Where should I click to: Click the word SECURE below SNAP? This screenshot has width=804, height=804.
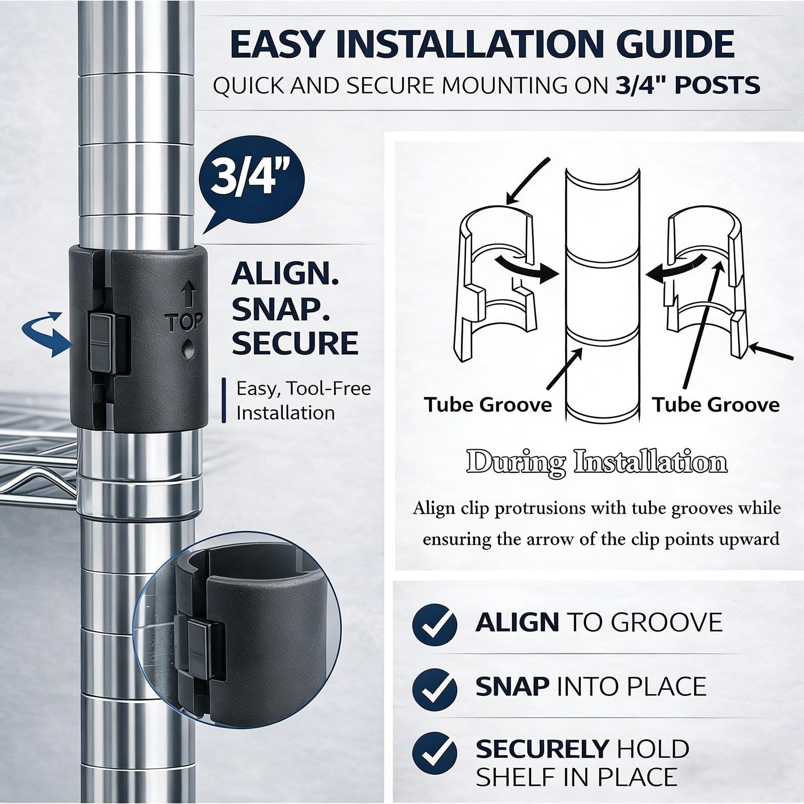[295, 343]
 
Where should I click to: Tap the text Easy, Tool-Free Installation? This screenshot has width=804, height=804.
[304, 400]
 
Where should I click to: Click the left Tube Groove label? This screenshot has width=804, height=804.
[488, 405]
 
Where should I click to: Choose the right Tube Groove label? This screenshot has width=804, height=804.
[716, 405]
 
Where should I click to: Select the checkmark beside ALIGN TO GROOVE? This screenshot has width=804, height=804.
[435, 623]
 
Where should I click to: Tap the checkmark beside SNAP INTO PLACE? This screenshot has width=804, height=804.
[435, 687]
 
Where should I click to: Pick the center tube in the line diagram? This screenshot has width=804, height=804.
[602, 296]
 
